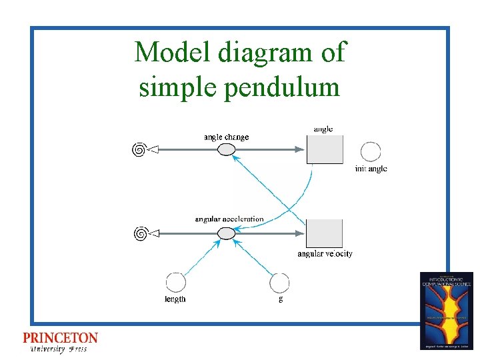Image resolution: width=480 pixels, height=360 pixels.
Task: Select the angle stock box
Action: [x=325, y=149]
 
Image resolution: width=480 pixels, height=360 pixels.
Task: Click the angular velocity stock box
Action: [x=325, y=233]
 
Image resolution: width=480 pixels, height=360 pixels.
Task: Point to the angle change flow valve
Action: [x=227, y=150]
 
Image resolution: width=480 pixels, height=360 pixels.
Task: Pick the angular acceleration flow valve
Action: [x=227, y=233]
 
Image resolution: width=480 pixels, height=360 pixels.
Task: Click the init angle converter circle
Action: [x=371, y=151]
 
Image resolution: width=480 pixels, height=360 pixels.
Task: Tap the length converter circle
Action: [x=175, y=282]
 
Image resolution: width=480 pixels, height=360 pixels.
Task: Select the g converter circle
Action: [x=279, y=282]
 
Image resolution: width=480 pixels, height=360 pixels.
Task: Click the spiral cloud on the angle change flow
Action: [x=139, y=150]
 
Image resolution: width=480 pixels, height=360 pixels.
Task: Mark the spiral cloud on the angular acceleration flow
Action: [x=140, y=233]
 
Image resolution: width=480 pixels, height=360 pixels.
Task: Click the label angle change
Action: [x=226, y=137]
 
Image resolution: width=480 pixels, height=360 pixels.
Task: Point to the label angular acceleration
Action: [x=229, y=219]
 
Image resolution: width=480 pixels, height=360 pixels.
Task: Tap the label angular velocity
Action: [x=325, y=254]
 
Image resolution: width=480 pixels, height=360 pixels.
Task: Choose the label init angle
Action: [x=371, y=169]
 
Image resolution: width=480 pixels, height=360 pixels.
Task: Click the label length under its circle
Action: [x=175, y=299]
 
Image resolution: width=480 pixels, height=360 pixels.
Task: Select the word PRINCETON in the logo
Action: [x=60, y=338]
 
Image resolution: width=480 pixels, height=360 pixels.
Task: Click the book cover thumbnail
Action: [x=447, y=310]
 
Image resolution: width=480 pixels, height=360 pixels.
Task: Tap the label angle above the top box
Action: [x=323, y=129]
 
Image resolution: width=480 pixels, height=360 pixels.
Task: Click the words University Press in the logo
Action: [x=59, y=349]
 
